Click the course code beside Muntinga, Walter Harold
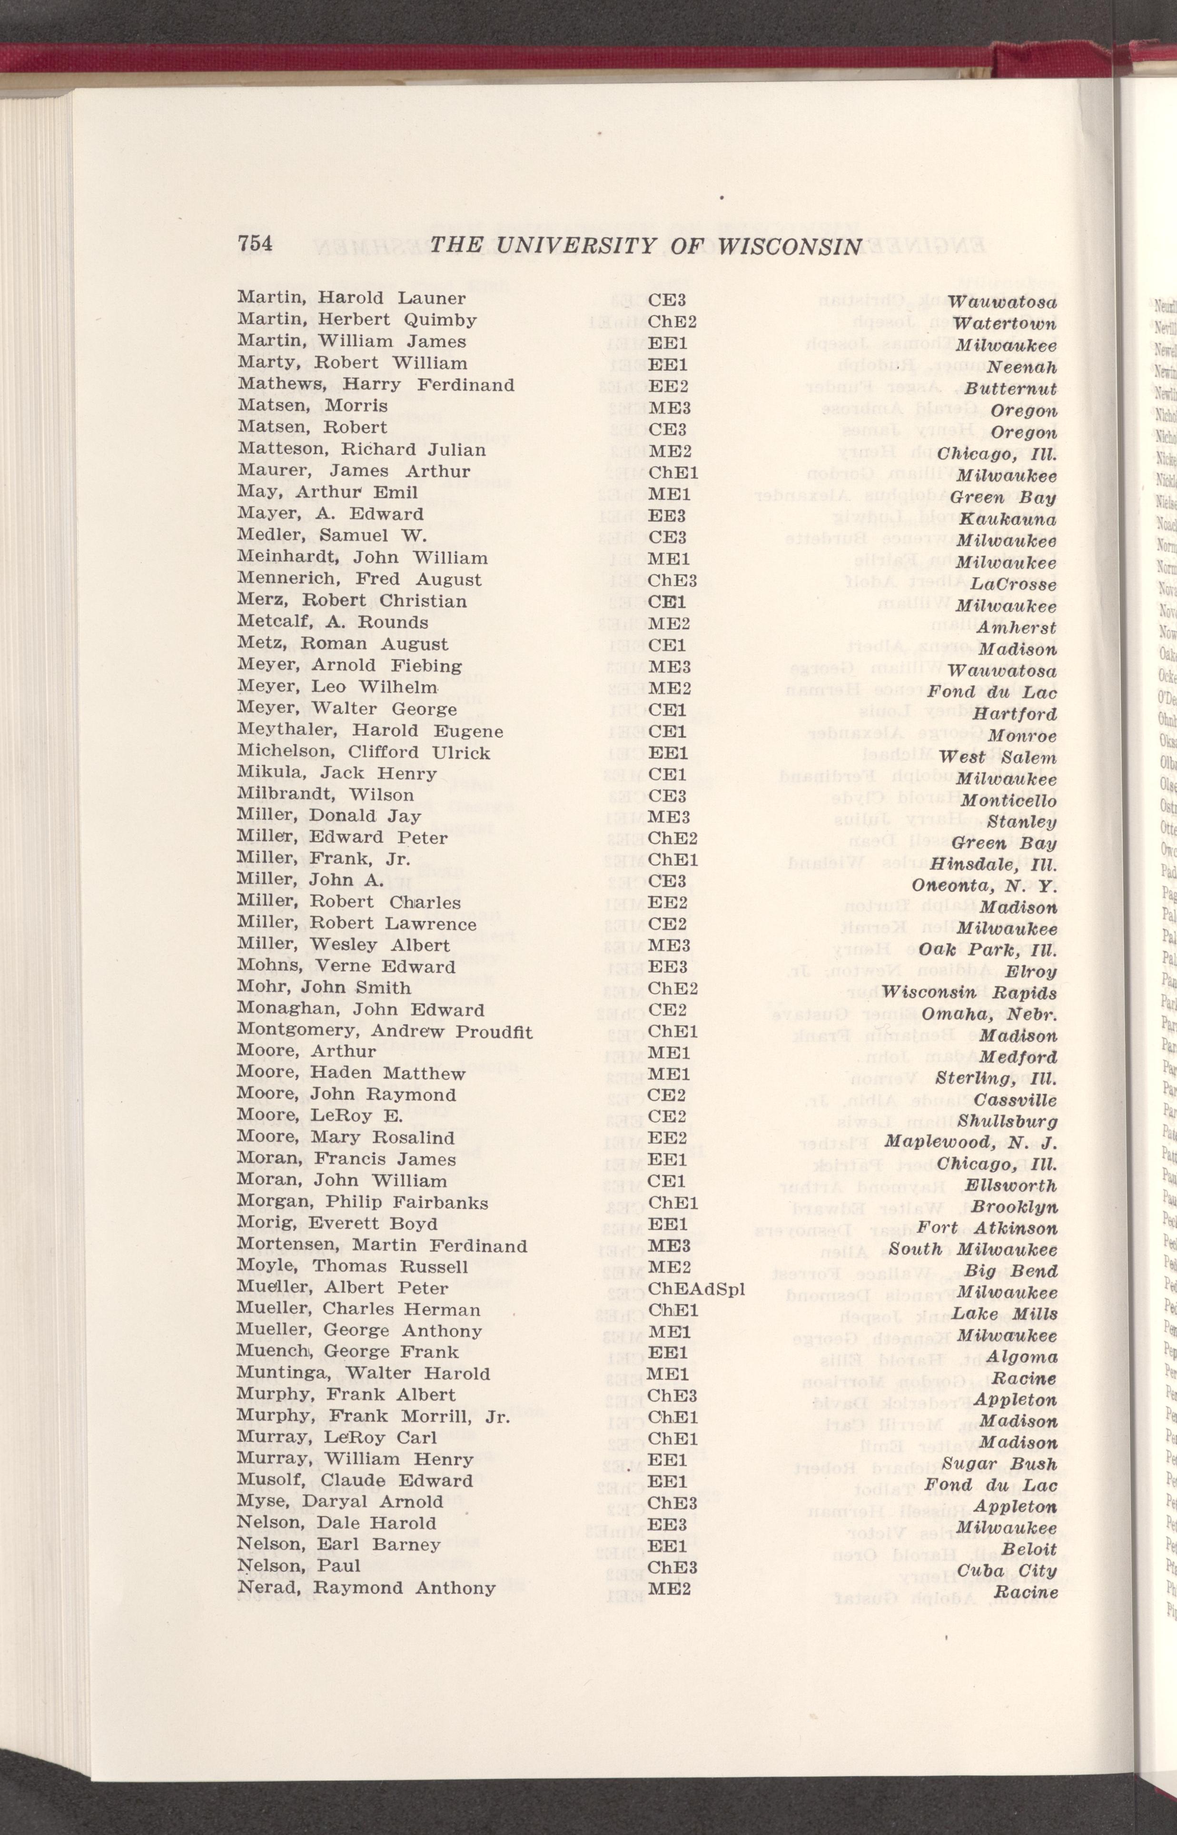pyautogui.click(x=668, y=1352)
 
